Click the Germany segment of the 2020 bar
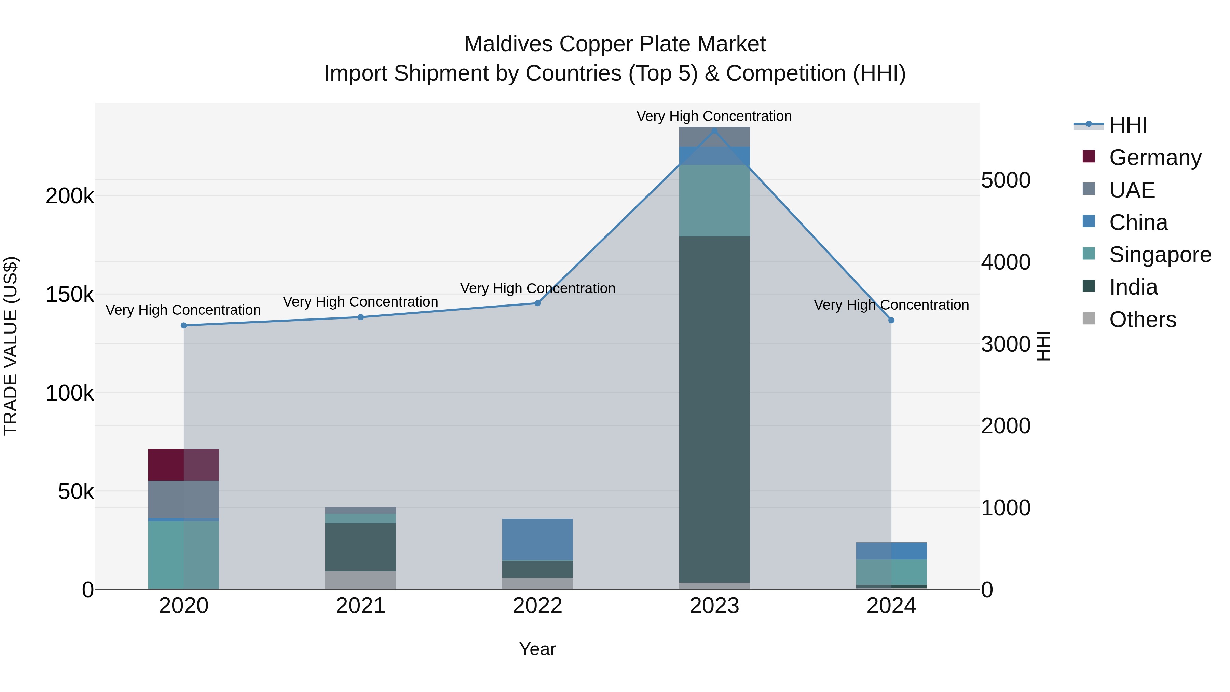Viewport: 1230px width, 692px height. point(183,465)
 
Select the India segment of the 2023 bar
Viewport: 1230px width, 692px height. point(714,409)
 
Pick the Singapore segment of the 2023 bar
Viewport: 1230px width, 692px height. point(714,200)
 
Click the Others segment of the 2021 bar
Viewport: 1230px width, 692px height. point(360,580)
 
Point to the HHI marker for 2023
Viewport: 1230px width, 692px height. point(714,131)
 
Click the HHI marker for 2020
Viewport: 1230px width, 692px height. point(184,325)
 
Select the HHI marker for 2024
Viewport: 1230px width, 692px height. point(891,320)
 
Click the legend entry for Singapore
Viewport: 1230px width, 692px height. point(1160,255)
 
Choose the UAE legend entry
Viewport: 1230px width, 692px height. point(1132,190)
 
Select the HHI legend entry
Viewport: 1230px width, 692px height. point(1128,125)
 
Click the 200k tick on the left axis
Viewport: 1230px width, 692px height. point(70,196)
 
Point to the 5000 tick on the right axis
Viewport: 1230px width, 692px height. point(1006,180)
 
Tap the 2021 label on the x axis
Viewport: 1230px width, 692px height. point(360,606)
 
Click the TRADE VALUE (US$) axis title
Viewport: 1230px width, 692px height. point(11,346)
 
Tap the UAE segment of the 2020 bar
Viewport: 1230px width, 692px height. point(183,499)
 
